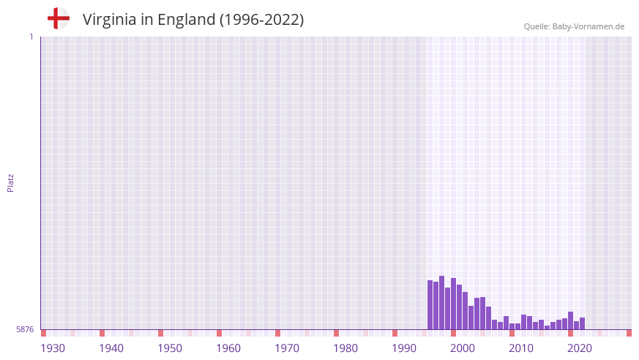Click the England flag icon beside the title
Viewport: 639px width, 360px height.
[59, 19]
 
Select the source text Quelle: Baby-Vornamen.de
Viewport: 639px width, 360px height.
[574, 26]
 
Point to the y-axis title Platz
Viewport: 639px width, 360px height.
[10, 183]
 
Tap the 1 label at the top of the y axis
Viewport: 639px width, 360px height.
[31, 37]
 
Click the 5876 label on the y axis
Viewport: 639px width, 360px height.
[25, 330]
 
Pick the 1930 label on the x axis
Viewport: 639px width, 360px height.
[53, 348]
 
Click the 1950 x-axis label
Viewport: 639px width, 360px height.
[170, 348]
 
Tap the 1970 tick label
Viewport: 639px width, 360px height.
[287, 348]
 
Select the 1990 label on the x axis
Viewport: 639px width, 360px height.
[404, 348]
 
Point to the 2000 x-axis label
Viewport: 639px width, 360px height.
[463, 348]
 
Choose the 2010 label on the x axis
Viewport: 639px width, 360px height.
[521, 348]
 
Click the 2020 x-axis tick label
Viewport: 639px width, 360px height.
[580, 348]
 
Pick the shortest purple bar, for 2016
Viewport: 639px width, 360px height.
[548, 328]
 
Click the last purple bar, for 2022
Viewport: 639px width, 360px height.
[583, 323]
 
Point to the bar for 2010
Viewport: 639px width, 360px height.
[512, 326]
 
